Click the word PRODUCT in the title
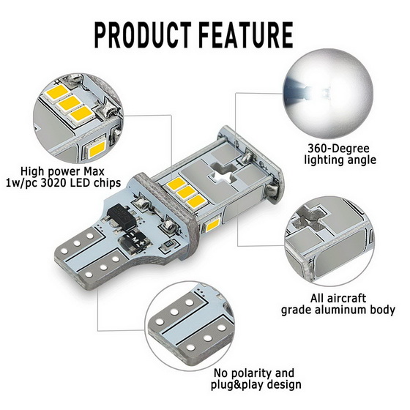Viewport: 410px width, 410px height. coord(143,35)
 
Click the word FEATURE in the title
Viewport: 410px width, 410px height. coord(247,35)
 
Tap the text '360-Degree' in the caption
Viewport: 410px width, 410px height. coord(338,149)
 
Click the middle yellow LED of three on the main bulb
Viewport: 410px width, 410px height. coord(186,193)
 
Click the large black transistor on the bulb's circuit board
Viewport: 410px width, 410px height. coord(120,215)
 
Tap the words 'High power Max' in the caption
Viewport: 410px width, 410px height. coord(62,172)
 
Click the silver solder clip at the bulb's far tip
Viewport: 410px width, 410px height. coord(272,190)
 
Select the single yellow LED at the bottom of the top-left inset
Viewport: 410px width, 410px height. coord(96,149)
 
